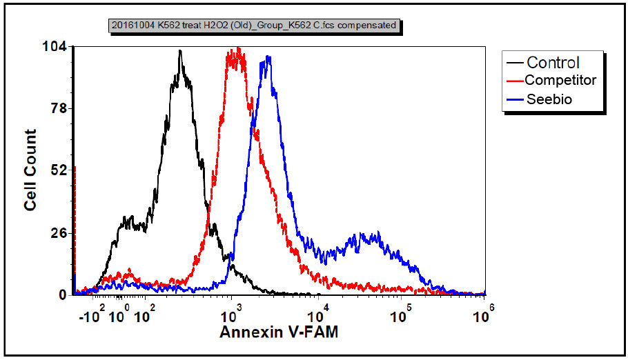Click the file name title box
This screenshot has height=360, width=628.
point(255,26)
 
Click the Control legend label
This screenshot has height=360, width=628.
point(553,63)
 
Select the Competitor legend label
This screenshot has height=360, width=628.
point(560,81)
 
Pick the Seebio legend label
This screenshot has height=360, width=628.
point(549,99)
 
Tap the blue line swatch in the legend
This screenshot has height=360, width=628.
point(515,99)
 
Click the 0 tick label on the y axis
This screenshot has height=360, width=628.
point(62,294)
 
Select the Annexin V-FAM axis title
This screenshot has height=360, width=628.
point(279,332)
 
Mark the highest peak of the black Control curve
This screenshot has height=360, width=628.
point(180,51)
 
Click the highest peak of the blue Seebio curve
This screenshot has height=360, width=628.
point(268,57)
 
